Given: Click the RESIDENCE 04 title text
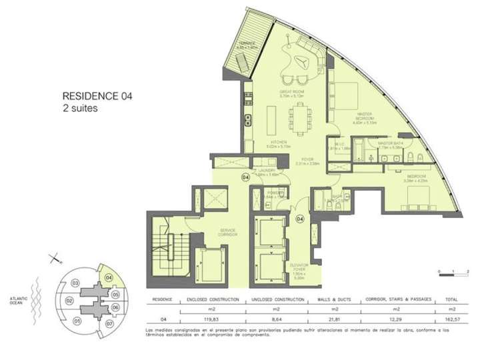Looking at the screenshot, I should click(x=97, y=96).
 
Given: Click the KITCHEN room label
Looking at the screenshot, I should click(x=279, y=143).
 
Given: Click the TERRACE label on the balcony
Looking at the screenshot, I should click(x=249, y=45).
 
